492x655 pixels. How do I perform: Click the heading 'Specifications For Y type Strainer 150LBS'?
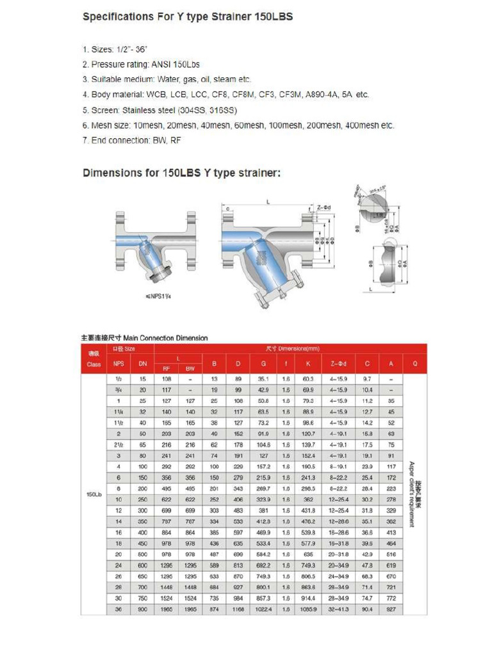click(187, 17)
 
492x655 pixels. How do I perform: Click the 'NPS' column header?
click(118, 364)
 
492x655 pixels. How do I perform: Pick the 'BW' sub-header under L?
click(190, 368)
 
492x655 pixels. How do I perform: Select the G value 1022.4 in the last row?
click(264, 609)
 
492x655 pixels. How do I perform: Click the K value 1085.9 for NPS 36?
click(307, 609)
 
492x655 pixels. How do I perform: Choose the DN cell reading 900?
click(142, 609)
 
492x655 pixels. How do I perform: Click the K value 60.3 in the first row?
click(307, 379)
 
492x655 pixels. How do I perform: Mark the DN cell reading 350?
click(142, 522)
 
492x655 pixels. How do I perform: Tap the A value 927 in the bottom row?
click(391, 609)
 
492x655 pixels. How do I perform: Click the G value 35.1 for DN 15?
click(264, 379)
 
